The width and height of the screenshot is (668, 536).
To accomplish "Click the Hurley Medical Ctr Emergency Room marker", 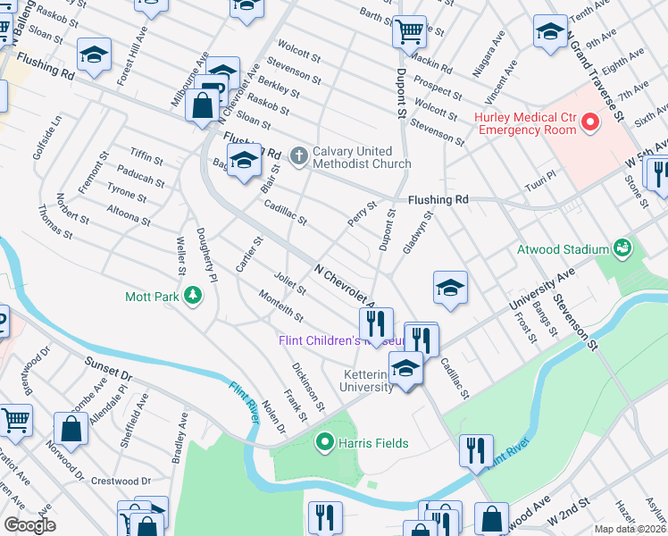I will click(x=589, y=121).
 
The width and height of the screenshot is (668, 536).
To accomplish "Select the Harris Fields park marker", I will click(x=327, y=442).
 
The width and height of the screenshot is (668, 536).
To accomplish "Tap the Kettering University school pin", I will click(x=405, y=368).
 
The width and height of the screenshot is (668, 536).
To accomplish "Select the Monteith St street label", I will click(x=280, y=307).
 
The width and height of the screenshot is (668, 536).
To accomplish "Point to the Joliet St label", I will click(x=291, y=284).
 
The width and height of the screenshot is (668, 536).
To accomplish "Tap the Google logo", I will click(x=29, y=525).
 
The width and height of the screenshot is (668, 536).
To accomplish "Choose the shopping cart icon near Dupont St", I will click(x=409, y=32).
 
